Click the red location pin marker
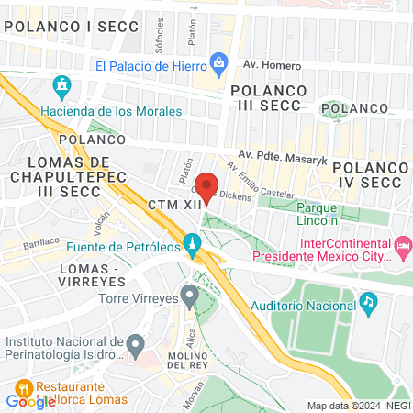pos(207,185)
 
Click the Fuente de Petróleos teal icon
pos(192,245)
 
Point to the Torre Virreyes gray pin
pos(189,297)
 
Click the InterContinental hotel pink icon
pos(402,246)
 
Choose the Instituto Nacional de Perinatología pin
pos(135,347)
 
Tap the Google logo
pos(30,401)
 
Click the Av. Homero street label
pos(266,64)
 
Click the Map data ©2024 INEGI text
pos(358,405)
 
